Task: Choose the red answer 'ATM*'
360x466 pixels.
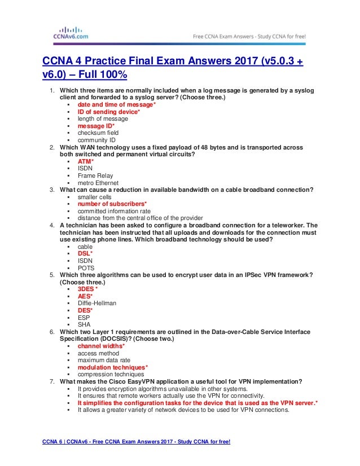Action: pyautogui.click(x=86, y=162)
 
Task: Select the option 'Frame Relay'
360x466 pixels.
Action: pyautogui.click(x=95, y=175)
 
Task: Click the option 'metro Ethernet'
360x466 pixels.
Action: pyautogui.click(x=98, y=183)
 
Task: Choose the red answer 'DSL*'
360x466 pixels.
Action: pyautogui.click(x=85, y=254)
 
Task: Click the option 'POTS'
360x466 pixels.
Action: pyautogui.click(x=86, y=268)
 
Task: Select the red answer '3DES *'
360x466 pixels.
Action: pyautogui.click(x=88, y=289)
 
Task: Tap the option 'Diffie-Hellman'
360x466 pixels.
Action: pyautogui.click(x=97, y=303)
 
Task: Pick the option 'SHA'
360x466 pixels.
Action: pyautogui.click(x=85, y=324)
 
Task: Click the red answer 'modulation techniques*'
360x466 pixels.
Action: pyautogui.click(x=113, y=367)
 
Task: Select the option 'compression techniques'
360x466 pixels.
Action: pyautogui.click(x=111, y=374)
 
